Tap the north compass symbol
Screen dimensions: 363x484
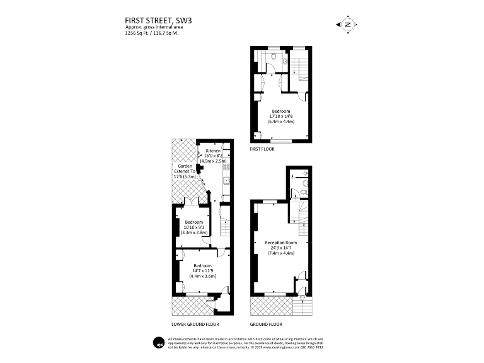(347, 25)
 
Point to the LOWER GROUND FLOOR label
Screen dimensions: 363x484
(195, 324)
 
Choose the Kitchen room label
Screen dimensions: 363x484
(213, 151)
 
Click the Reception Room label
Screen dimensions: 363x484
(281, 243)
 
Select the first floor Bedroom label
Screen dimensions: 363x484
(281, 111)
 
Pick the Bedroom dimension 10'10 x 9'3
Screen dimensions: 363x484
(193, 228)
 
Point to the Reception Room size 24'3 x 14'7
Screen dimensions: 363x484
(281, 248)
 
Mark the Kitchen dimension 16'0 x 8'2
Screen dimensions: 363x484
(213, 156)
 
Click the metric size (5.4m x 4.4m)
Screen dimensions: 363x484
(281, 122)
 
